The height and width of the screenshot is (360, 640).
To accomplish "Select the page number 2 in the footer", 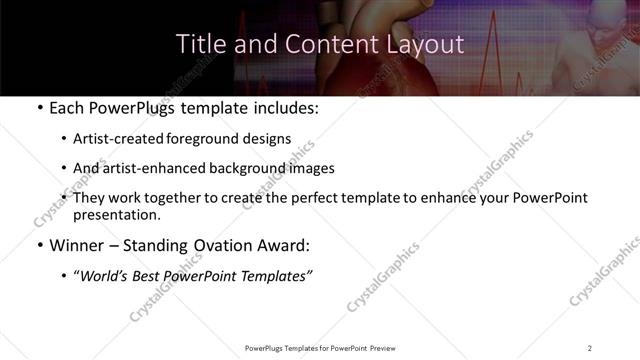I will (x=590, y=347).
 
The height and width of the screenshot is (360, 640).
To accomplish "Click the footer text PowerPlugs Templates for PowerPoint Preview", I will (x=319, y=347).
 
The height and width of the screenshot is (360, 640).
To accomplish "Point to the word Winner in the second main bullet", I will (x=75, y=246).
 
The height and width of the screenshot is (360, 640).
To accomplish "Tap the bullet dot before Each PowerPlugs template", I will (x=38, y=109).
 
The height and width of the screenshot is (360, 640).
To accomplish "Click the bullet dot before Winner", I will (x=38, y=246).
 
